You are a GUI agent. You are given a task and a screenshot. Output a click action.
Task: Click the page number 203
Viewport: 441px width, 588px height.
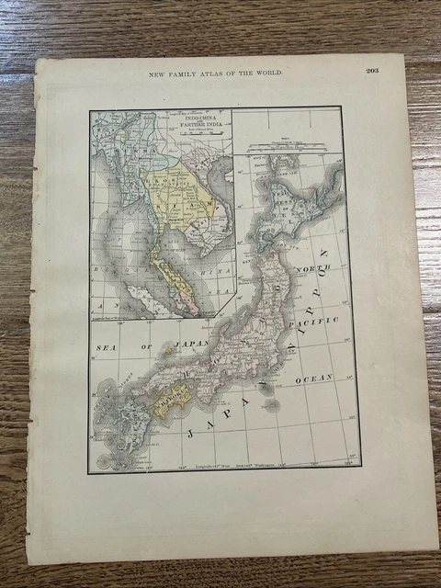(x=372, y=71)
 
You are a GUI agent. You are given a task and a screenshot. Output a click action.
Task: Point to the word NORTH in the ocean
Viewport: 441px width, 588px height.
(x=313, y=269)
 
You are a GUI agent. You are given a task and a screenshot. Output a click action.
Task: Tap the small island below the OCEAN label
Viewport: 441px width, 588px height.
(x=269, y=402)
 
